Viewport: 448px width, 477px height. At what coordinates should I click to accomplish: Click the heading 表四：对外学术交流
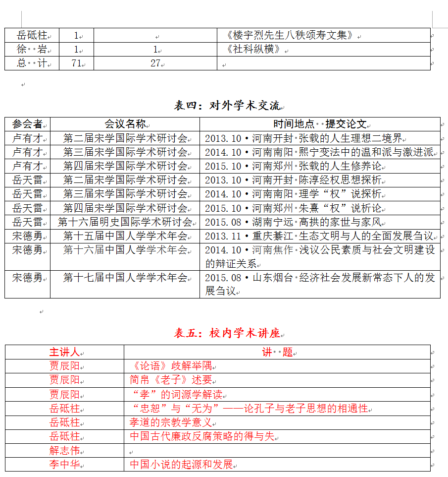pyautogui.click(x=227, y=106)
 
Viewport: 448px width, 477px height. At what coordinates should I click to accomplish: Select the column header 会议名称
pyautogui.click(x=125, y=124)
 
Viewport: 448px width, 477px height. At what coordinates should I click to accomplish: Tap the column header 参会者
pyautogui.click(x=27, y=124)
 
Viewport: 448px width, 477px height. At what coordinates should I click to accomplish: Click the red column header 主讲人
pyautogui.click(x=64, y=353)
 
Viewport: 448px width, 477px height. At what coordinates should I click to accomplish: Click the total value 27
pyautogui.click(x=155, y=63)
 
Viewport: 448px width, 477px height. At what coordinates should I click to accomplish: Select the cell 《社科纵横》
pyautogui.click(x=252, y=50)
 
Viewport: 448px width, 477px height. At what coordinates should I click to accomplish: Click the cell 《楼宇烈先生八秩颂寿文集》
pyautogui.click(x=290, y=35)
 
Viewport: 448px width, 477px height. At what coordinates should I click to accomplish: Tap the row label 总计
pyautogui.click(x=31, y=63)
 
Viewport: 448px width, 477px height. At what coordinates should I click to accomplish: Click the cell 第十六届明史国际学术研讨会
pyautogui.click(x=125, y=222)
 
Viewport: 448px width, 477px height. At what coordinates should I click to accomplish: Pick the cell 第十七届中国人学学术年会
pyautogui.click(x=125, y=278)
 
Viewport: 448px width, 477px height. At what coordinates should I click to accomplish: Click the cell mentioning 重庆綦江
pyautogui.click(x=319, y=236)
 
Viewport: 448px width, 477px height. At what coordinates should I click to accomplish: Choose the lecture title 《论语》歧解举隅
pyautogui.click(x=170, y=366)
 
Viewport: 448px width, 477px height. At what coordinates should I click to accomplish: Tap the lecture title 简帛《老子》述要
pyautogui.click(x=171, y=380)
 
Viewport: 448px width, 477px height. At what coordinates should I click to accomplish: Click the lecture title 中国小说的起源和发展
pyautogui.click(x=181, y=465)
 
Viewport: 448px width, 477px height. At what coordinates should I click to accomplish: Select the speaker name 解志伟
pyautogui.click(x=64, y=451)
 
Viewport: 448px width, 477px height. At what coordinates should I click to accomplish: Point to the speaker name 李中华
pyautogui.click(x=64, y=465)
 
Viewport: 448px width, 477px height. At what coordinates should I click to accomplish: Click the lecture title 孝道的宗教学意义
pyautogui.click(x=171, y=422)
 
